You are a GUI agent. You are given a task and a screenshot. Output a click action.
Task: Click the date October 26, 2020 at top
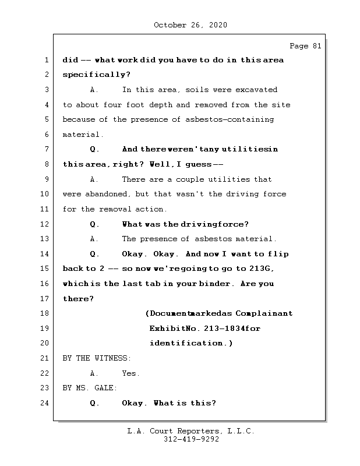(190, 25)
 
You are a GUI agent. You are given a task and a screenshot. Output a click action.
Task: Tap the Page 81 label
(305, 46)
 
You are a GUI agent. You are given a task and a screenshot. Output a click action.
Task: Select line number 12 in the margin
(46, 224)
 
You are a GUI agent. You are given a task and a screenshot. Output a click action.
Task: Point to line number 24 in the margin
(46, 403)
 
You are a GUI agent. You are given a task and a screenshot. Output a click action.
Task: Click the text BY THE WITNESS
(97, 358)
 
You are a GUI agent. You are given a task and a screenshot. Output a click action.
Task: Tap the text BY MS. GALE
(90, 388)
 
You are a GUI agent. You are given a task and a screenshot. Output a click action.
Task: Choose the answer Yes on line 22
(130, 373)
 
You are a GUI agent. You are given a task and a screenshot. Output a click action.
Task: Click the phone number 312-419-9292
(191, 440)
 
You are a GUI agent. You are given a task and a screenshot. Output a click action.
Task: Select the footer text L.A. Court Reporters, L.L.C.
(191, 431)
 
